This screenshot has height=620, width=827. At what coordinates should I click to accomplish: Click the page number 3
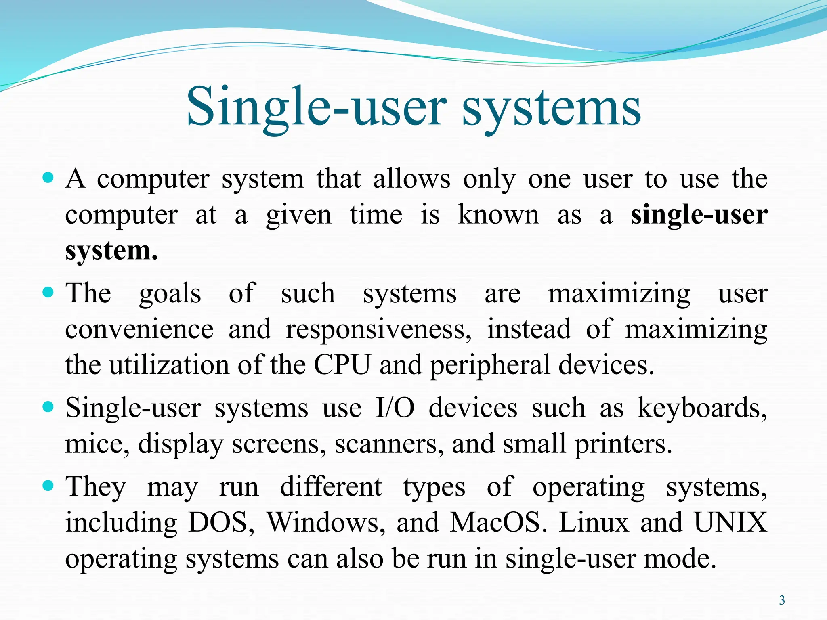pyautogui.click(x=782, y=600)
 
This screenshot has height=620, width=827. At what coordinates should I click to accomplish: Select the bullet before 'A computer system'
pyautogui.click(x=48, y=178)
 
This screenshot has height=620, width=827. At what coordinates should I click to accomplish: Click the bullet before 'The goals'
pyautogui.click(x=48, y=292)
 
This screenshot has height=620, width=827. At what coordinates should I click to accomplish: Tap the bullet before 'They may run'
pyautogui.click(x=48, y=485)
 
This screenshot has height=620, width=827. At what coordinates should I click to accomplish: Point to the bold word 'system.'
pyautogui.click(x=111, y=251)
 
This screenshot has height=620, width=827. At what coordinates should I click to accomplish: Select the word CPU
pyautogui.click(x=342, y=365)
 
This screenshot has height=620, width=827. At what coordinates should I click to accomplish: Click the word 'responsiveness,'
pyautogui.click(x=378, y=329)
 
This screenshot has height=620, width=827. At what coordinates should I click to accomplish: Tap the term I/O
pyautogui.click(x=395, y=408)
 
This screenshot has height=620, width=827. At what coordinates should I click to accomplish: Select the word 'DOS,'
pyautogui.click(x=222, y=523)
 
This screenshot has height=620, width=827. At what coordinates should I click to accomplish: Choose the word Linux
pyautogui.click(x=594, y=523)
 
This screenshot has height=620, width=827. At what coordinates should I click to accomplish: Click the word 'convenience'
pyautogui.click(x=139, y=329)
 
